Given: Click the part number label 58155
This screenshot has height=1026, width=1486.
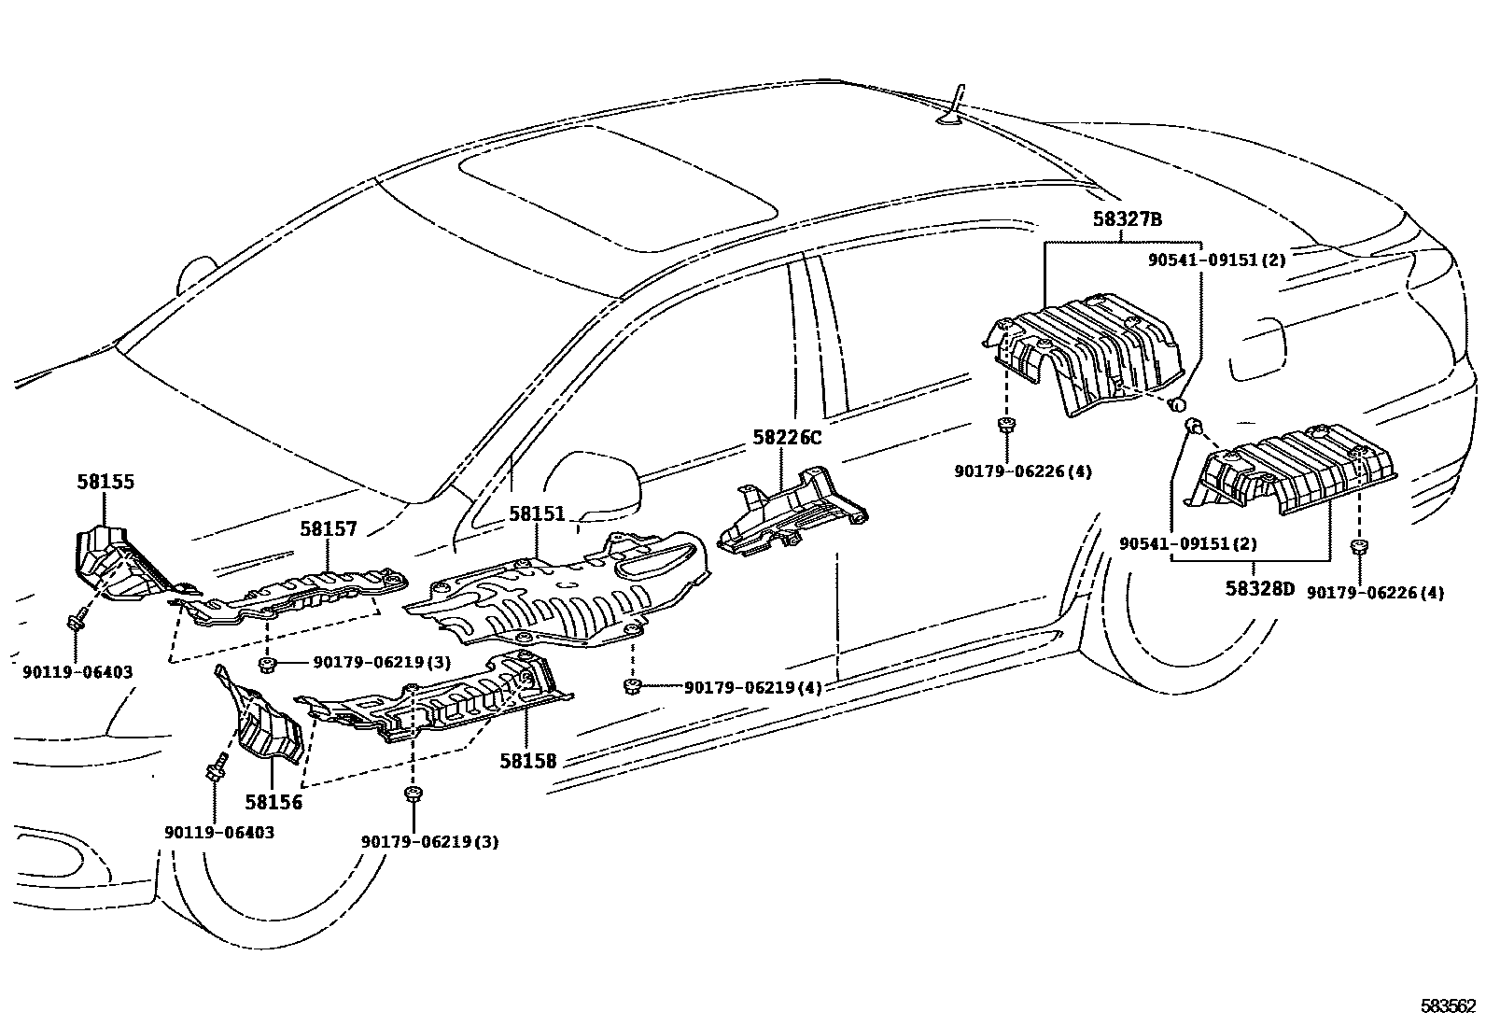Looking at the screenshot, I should point(105,483).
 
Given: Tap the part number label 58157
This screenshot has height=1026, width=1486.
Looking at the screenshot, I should point(329,529).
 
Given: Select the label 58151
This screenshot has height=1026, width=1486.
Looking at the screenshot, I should point(537,514).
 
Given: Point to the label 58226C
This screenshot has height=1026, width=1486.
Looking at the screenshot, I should point(787,437).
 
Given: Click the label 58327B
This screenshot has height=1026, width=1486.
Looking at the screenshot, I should point(1127,219).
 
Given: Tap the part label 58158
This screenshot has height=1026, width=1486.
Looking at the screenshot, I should point(527,761).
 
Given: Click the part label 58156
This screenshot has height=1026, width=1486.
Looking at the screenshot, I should point(273,801).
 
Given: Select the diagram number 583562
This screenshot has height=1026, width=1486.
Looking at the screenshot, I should point(1449,1005).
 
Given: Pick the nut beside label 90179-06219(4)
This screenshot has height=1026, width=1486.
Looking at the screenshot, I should point(631,688).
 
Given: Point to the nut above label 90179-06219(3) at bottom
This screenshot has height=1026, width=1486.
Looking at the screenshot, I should point(411,794).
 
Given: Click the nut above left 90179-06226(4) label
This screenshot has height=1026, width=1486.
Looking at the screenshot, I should point(1004,427).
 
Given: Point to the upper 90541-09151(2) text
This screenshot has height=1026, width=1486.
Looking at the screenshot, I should point(1216,260).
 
